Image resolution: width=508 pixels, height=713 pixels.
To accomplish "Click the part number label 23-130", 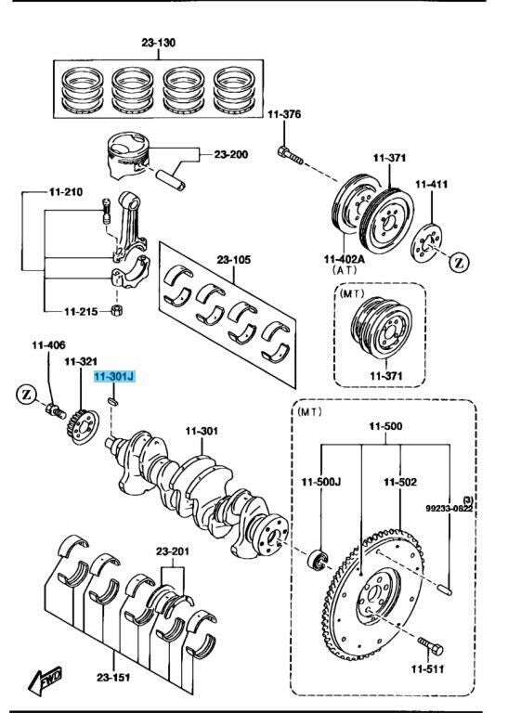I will (x=159, y=43).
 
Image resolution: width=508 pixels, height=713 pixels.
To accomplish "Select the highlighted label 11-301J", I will (x=114, y=378).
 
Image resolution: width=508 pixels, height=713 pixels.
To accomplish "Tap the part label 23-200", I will (x=231, y=154).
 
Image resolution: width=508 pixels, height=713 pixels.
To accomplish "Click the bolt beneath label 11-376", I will (x=290, y=156).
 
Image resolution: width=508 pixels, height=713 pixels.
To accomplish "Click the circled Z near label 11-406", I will (x=28, y=396).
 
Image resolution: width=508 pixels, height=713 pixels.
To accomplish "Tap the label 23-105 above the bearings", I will (x=234, y=260).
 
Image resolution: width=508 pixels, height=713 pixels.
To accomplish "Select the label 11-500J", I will (x=322, y=482).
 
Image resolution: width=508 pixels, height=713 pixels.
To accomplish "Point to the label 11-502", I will (x=400, y=482).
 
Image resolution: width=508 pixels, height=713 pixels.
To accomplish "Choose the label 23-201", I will (x=172, y=551).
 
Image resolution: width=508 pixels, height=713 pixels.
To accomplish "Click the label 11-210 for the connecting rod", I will (x=65, y=192).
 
